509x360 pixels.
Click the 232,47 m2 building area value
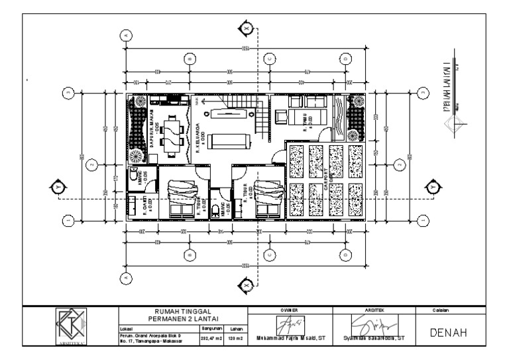210,337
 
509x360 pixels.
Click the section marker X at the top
247,29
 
